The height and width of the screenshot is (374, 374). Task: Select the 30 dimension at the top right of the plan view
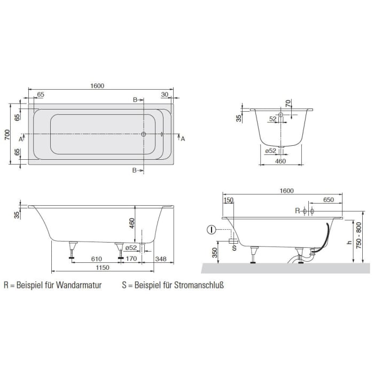click(164, 95)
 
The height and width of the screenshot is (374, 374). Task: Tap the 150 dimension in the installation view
click(229, 200)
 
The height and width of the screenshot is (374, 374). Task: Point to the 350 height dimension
click(214, 252)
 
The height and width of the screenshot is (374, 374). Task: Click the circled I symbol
click(212, 230)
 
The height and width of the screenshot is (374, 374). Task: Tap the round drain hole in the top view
click(143, 135)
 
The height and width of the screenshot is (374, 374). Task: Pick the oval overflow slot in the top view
click(161, 135)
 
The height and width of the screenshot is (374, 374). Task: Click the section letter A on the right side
click(183, 139)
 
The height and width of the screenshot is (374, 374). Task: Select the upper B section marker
click(136, 99)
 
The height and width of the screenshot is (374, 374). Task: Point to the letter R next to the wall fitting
click(298, 211)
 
